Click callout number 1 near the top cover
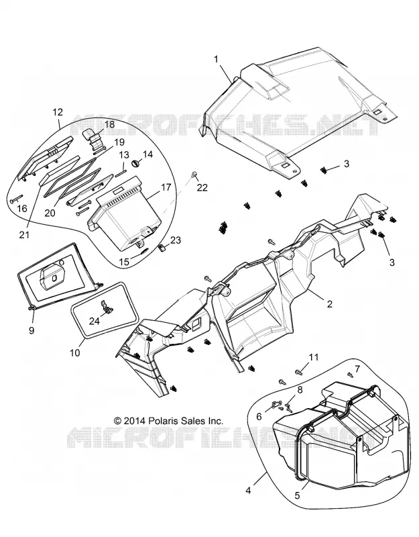click(x=216, y=59)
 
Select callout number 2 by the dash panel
click(x=329, y=304)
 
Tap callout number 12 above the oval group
click(x=58, y=112)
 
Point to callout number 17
click(x=166, y=188)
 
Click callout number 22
click(x=202, y=187)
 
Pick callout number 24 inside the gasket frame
click(x=95, y=321)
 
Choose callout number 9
click(x=32, y=330)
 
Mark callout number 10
click(x=75, y=352)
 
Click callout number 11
click(x=314, y=357)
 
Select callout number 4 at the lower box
click(x=248, y=491)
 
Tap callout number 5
click(x=297, y=495)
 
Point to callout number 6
click(x=259, y=416)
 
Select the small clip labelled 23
click(x=163, y=246)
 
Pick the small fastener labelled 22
click(x=194, y=174)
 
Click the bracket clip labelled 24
click(x=108, y=307)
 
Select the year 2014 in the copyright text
click(x=135, y=421)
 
